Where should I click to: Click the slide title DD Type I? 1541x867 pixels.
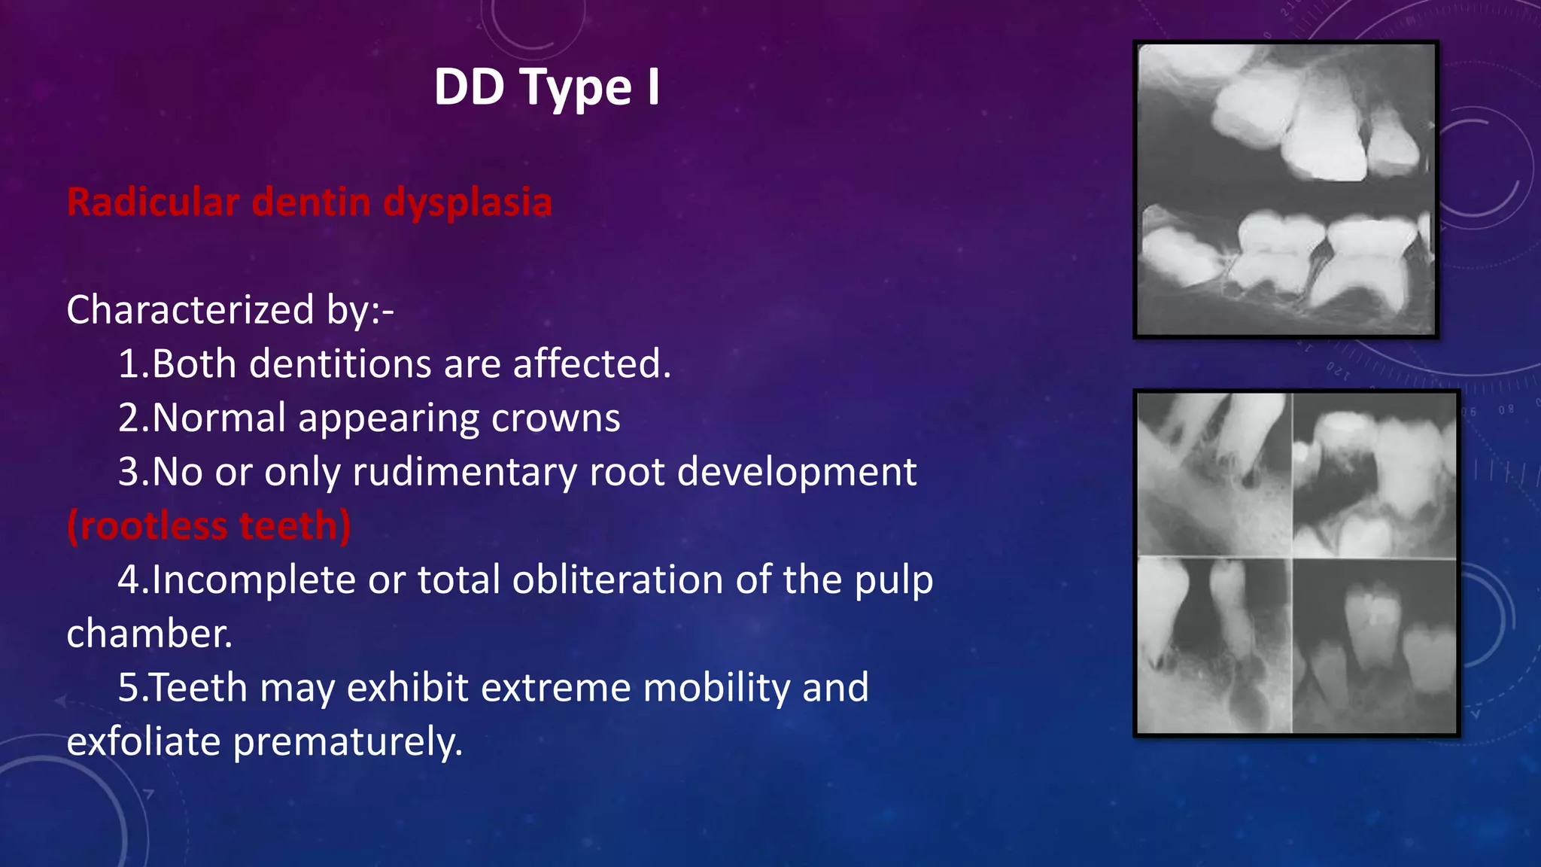pos(547,87)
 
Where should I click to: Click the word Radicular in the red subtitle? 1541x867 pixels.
pos(154,202)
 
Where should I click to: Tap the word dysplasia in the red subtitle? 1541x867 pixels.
pos(467,202)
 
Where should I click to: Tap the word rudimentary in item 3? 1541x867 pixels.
pos(467,473)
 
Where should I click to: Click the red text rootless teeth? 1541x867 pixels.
pos(208,526)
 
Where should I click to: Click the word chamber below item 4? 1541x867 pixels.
pos(149,634)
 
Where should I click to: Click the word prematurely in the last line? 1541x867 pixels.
pos(347,742)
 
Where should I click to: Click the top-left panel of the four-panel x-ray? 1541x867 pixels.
pos(1214,475)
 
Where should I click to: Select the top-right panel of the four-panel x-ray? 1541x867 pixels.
pos(1375,475)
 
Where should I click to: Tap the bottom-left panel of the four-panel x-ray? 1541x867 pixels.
pos(1214,645)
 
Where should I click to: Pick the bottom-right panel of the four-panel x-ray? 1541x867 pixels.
pos(1375,645)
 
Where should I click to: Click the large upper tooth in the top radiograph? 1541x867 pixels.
pos(1324,135)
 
